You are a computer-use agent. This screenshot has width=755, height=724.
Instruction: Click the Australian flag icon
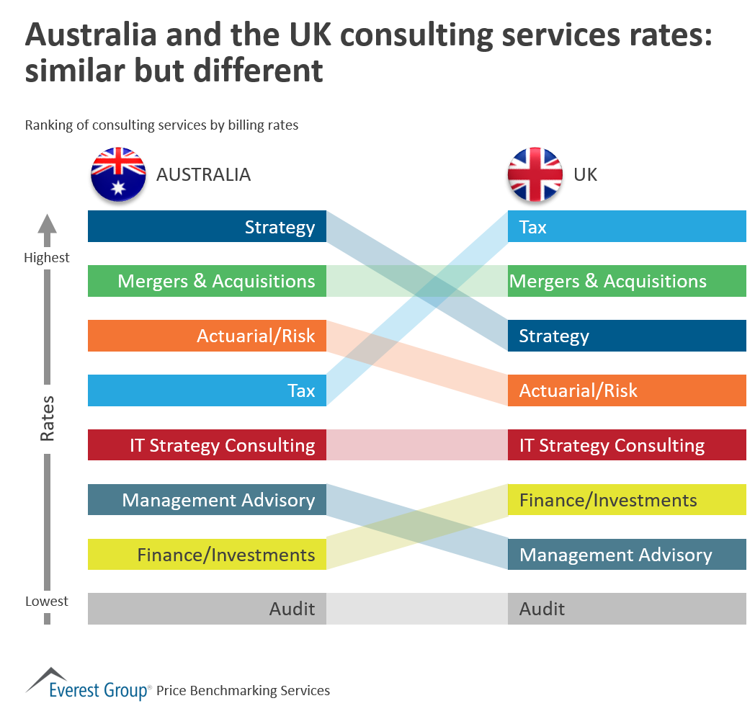tap(118, 174)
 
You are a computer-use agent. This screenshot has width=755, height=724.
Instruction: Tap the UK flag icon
tap(535, 174)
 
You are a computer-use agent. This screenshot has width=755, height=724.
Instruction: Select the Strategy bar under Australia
tap(207, 227)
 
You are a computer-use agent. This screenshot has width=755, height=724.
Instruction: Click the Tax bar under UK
tap(627, 227)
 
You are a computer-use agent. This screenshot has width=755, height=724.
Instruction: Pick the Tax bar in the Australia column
tap(207, 390)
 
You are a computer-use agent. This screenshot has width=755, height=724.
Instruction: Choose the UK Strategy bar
tap(627, 336)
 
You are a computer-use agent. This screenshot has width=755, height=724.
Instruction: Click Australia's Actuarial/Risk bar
tap(207, 336)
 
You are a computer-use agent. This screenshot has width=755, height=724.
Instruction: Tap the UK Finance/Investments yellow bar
tap(627, 500)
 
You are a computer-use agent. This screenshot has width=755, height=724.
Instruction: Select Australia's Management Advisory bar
tap(207, 500)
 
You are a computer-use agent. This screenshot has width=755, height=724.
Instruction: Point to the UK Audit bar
tap(627, 609)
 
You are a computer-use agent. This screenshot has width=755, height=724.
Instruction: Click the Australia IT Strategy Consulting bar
tap(207, 445)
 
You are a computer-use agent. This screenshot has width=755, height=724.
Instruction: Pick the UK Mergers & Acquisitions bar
tap(627, 281)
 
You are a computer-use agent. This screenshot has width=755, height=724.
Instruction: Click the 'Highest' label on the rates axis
tap(47, 258)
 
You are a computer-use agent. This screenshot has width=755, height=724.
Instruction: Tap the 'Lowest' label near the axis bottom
tap(47, 601)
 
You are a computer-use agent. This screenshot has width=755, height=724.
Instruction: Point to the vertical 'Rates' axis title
tap(47, 418)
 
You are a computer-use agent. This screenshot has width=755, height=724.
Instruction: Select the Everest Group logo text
tap(99, 690)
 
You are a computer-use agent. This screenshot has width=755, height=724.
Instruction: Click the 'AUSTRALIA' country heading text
tap(204, 174)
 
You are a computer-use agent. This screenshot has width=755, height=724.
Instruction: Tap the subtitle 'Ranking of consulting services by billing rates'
tap(161, 125)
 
